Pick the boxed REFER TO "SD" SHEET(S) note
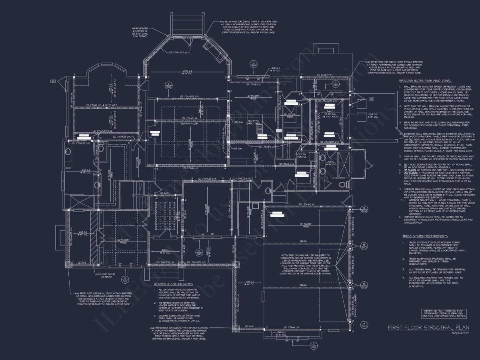coord(444,313)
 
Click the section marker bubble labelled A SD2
coord(364,324)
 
